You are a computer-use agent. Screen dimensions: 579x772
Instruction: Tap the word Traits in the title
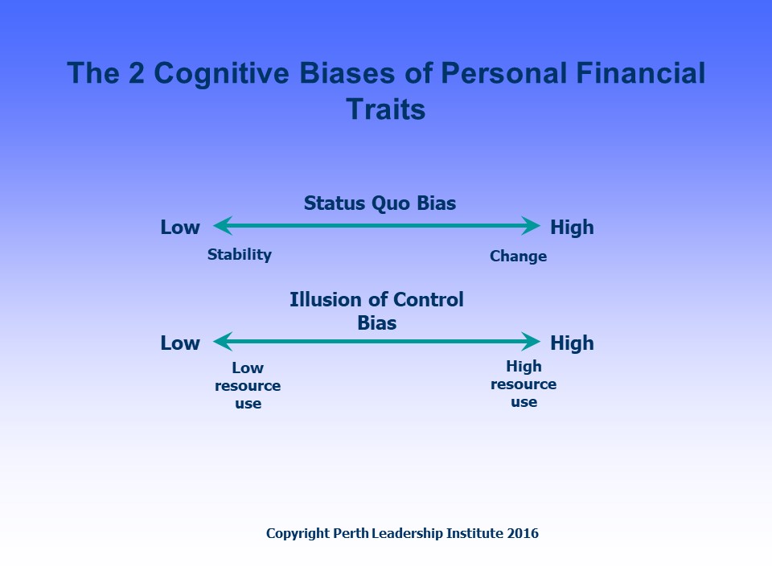[386, 109]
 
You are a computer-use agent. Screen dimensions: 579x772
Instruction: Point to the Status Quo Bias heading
[380, 203]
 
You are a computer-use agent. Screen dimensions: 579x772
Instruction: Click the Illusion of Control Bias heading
[376, 311]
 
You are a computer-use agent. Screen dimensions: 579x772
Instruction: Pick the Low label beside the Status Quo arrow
[180, 228]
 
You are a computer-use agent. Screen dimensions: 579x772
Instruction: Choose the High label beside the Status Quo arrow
[572, 228]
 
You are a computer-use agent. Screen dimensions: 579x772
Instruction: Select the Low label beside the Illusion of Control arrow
[180, 343]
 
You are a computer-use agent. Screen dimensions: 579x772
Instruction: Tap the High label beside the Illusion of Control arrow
[572, 343]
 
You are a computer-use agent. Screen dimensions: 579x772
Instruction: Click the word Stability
[240, 255]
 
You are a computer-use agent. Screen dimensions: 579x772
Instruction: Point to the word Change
[518, 257]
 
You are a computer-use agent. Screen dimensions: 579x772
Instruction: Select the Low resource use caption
[248, 386]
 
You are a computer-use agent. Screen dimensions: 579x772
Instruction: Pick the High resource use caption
[524, 384]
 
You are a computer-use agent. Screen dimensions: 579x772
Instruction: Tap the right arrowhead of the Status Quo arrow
[532, 227]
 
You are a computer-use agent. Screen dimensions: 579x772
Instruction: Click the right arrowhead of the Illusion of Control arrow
[532, 343]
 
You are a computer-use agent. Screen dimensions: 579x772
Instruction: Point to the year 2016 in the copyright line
[523, 533]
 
